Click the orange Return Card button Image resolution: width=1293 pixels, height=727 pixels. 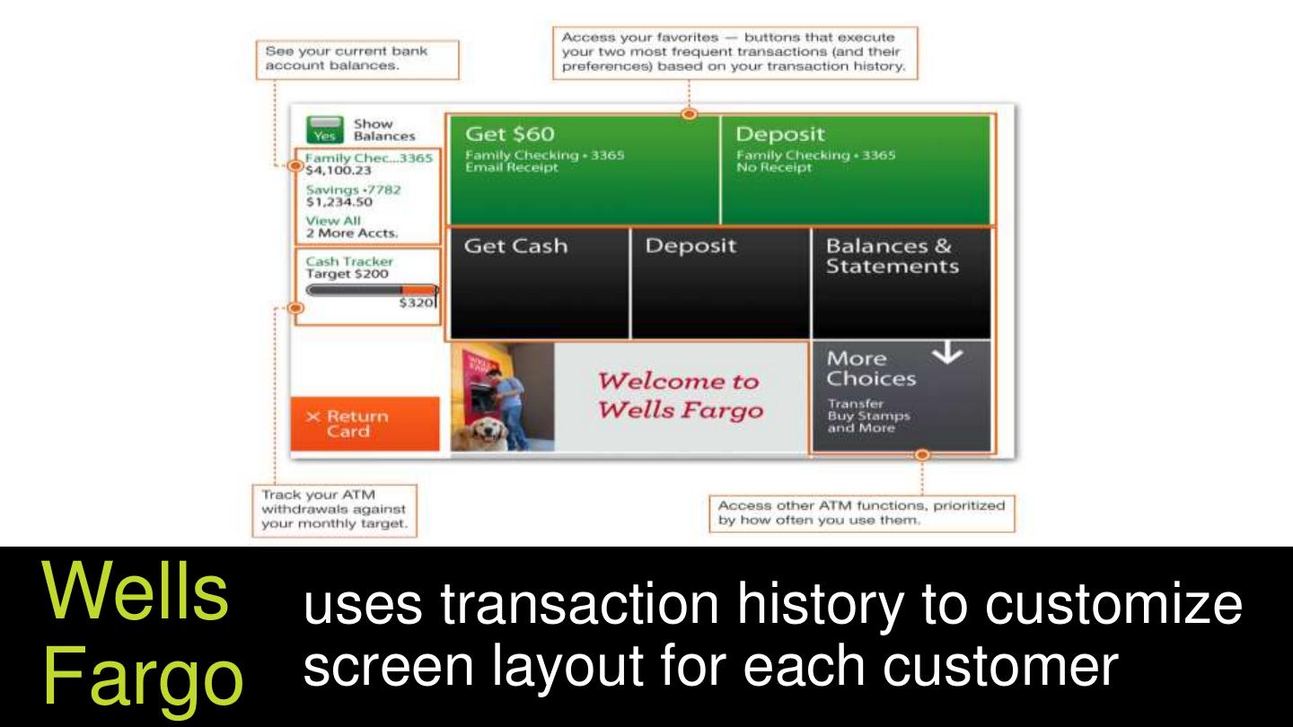click(x=365, y=424)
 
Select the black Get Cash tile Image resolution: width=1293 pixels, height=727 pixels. click(x=539, y=284)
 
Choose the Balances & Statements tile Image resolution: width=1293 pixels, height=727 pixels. click(x=902, y=284)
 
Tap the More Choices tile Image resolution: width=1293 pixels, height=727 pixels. click(x=902, y=397)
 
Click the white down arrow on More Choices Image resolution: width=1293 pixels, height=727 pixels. click(x=947, y=353)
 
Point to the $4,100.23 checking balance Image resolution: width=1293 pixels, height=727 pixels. click(x=339, y=171)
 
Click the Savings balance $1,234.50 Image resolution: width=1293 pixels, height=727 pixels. click(x=339, y=202)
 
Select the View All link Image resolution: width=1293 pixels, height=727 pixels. click(x=333, y=221)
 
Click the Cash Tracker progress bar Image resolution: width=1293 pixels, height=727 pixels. click(x=372, y=290)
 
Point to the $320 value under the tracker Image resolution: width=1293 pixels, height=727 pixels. click(x=416, y=303)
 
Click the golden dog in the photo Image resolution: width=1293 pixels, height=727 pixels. click(x=480, y=434)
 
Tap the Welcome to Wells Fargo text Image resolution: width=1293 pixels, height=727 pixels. click(x=680, y=396)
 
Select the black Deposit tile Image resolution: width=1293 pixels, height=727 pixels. click(x=720, y=284)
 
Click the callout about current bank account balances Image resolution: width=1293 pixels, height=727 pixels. click(x=358, y=59)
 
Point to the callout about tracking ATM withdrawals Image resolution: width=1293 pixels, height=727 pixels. click(x=335, y=511)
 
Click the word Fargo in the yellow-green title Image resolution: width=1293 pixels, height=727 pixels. click(x=143, y=675)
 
